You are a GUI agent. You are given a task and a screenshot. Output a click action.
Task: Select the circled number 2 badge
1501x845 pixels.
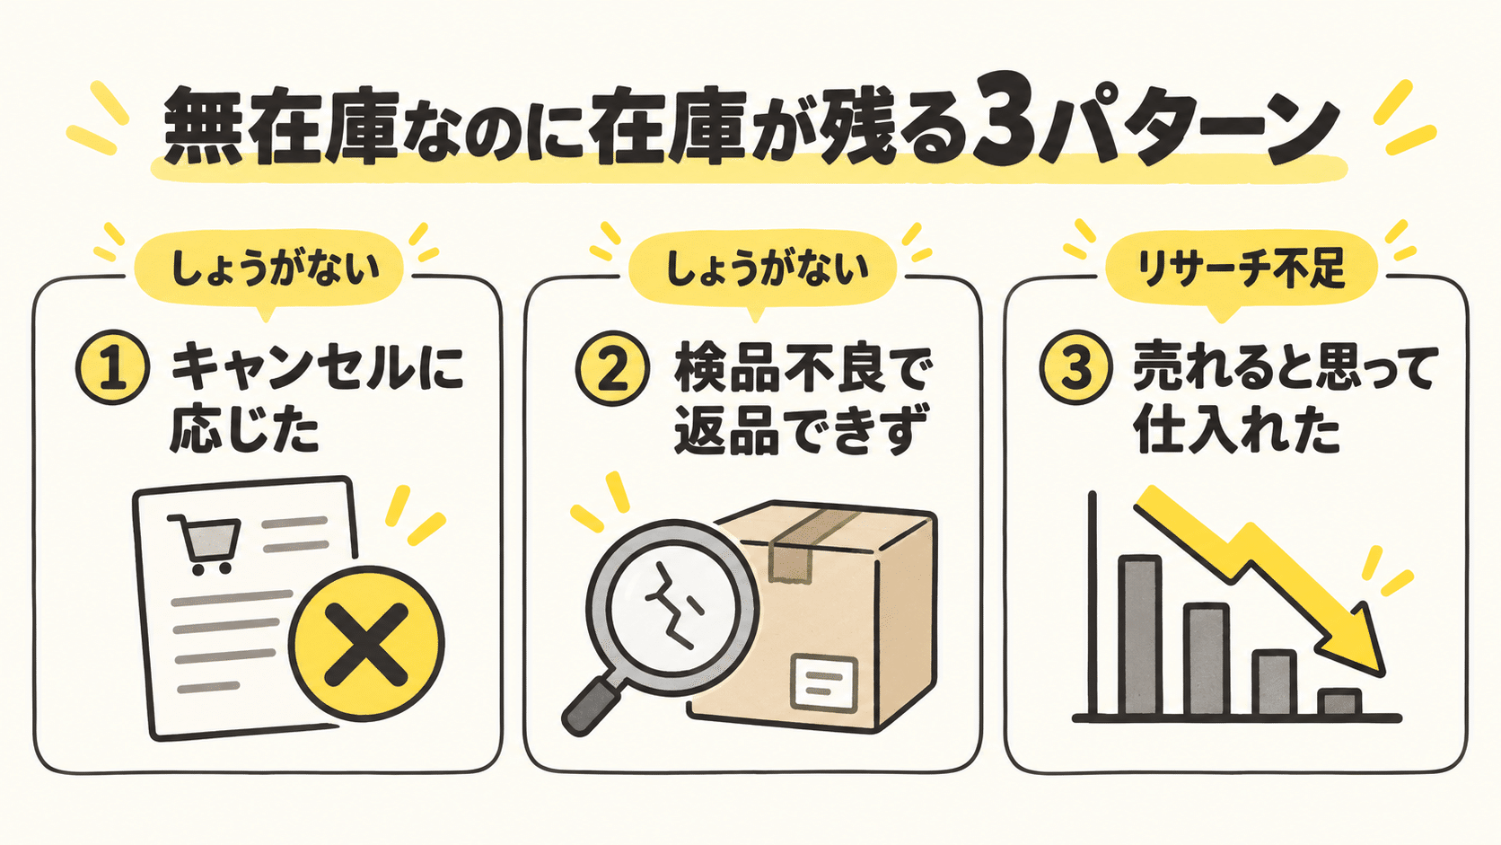[612, 368]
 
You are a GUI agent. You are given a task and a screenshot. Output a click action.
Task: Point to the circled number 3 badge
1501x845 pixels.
[1076, 367]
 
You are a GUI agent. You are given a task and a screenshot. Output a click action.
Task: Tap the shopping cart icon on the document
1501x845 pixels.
[205, 543]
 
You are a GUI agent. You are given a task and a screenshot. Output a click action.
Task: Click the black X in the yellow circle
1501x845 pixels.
[366, 644]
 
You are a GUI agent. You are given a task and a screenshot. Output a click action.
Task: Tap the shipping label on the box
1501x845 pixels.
[825, 682]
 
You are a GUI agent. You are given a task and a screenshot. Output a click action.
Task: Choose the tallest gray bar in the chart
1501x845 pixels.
[1139, 636]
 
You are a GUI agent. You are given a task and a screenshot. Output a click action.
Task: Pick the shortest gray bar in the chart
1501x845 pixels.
[1339, 703]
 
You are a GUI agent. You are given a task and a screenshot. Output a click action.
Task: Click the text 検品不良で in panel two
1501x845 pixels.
[800, 367]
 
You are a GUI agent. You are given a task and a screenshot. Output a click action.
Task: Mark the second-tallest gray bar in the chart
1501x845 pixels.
[1207, 659]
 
